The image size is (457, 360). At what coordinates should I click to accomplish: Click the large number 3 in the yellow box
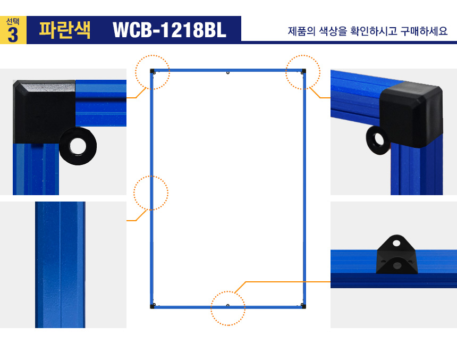point(13,35)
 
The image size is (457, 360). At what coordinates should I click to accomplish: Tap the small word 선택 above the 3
point(13,22)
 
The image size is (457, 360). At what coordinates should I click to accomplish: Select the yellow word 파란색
point(65,30)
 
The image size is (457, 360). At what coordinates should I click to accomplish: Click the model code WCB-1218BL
point(170,30)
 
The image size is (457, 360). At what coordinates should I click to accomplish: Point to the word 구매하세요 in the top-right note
point(424,31)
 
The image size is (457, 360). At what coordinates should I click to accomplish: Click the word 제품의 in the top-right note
point(302,31)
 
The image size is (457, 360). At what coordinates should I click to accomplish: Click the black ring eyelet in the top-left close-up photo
point(78,146)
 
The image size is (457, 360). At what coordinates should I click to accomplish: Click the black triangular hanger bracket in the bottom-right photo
point(396,255)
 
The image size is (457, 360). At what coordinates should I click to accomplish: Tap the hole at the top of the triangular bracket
point(396,243)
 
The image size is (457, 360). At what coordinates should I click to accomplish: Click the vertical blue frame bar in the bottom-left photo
point(61,265)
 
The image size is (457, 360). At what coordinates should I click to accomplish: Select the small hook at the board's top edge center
point(228,72)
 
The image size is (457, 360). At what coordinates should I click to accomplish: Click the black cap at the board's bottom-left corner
point(152,306)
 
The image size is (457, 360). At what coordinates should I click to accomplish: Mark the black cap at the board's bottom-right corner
point(304,306)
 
